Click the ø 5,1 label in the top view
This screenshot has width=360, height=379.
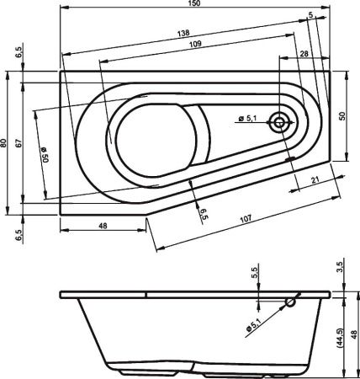[x=248, y=119]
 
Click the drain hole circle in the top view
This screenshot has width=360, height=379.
[x=280, y=123]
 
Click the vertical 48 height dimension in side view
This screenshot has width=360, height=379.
[x=353, y=334]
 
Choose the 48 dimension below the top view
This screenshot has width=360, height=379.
[x=103, y=226]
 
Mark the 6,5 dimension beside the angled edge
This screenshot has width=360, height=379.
[x=203, y=214]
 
